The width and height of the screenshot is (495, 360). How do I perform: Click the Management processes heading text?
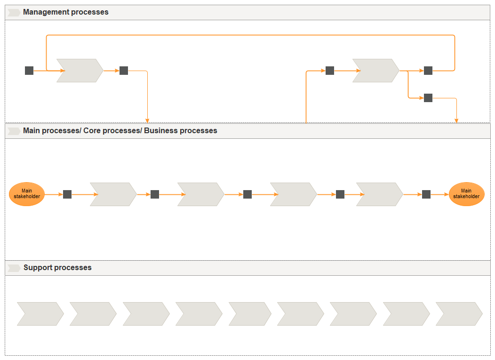click(65, 12)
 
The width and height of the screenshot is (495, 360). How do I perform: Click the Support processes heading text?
click(57, 268)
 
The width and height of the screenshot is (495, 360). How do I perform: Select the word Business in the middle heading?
click(161, 131)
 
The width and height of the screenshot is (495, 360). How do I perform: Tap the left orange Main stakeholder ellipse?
click(27, 194)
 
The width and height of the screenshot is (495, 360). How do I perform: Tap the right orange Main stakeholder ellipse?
click(466, 194)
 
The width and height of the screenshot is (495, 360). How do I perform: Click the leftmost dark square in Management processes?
click(29, 71)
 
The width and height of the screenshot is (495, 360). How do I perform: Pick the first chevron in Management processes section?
click(80, 71)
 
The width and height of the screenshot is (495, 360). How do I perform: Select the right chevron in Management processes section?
click(375, 71)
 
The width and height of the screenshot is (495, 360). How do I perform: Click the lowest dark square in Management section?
click(428, 98)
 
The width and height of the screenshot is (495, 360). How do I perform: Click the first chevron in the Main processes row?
click(113, 194)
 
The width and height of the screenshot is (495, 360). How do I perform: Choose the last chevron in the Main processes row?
click(379, 194)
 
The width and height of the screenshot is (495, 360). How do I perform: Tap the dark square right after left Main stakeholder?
click(67, 194)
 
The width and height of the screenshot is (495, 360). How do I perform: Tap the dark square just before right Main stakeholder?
click(426, 194)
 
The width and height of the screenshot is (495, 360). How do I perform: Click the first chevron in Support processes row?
click(40, 314)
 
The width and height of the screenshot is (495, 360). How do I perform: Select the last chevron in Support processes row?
click(459, 314)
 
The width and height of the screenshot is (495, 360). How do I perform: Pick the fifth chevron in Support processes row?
click(250, 314)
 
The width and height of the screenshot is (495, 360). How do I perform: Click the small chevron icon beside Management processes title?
click(14, 13)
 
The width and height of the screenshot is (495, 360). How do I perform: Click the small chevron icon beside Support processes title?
click(14, 268)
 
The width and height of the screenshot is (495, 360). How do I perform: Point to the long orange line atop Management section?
click(249, 35)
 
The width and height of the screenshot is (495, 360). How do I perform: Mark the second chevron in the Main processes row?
click(200, 194)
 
